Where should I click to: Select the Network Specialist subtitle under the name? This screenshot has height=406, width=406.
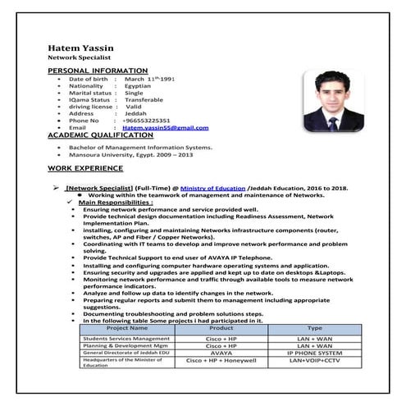pyautogui.click(x=80, y=59)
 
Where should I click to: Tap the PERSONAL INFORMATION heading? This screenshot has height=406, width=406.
pyautogui.click(x=98, y=71)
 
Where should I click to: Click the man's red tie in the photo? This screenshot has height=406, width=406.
pyautogui.click(x=332, y=124)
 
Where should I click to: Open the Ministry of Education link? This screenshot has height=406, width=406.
pyautogui.click(x=212, y=188)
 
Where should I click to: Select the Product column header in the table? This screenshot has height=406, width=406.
pyautogui.click(x=222, y=328)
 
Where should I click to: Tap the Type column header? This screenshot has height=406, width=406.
pyautogui.click(x=314, y=328)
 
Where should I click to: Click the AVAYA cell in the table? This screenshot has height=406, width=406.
pyautogui.click(x=222, y=353)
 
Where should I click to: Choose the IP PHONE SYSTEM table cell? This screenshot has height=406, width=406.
pyautogui.click(x=314, y=353)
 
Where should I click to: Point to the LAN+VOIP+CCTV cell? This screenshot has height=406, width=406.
pyautogui.click(x=314, y=361)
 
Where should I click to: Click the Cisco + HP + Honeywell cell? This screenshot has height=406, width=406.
pyautogui.click(x=222, y=361)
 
